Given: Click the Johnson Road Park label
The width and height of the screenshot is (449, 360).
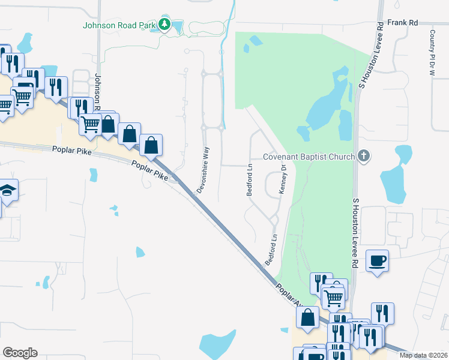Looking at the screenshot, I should click(x=119, y=25).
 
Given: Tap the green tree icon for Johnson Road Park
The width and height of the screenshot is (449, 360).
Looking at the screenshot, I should click(x=164, y=25).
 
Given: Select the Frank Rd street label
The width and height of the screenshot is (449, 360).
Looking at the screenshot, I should click(x=402, y=22).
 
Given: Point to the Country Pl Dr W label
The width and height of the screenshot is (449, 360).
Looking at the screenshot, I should click(x=432, y=52).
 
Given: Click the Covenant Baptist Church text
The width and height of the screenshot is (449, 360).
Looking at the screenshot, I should click(x=308, y=157).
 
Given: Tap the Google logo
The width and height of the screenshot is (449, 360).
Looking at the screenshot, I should click(x=20, y=353).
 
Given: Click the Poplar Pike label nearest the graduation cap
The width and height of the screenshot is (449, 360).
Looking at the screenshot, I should click(x=71, y=151).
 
